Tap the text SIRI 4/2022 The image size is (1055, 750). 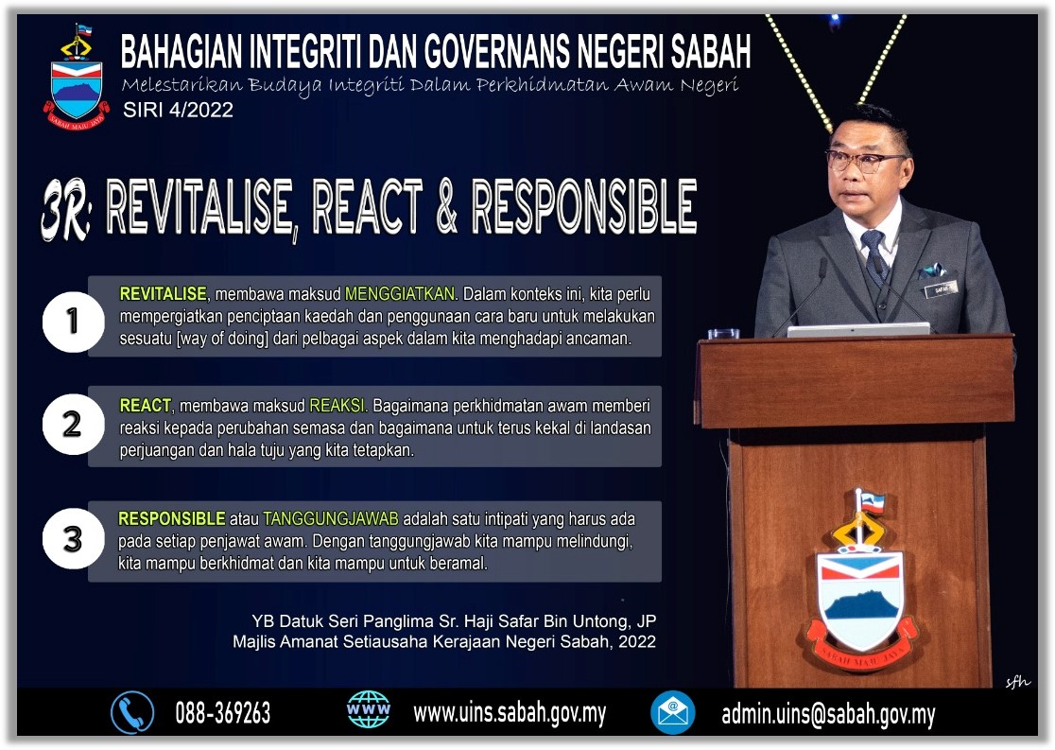pyautogui.click(x=178, y=110)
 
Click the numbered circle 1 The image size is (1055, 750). pyautogui.click(x=74, y=322)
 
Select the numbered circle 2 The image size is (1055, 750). pyautogui.click(x=74, y=424)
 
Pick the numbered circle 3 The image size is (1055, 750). pyautogui.click(x=74, y=538)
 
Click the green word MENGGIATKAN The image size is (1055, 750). pyautogui.click(x=400, y=294)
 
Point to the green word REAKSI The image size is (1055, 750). pyautogui.click(x=337, y=406)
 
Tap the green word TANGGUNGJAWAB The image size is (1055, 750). pyautogui.click(x=331, y=519)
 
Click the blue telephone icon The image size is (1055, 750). pyautogui.click(x=132, y=712)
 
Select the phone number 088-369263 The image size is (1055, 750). pyautogui.click(x=223, y=713)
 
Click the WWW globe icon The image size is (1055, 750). pyautogui.click(x=368, y=709)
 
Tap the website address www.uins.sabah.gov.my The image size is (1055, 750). pyautogui.click(x=510, y=713)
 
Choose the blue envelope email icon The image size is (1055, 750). pyautogui.click(x=673, y=712)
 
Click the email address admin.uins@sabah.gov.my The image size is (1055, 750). pyautogui.click(x=828, y=714)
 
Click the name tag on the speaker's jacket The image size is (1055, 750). pyautogui.click(x=940, y=289)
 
